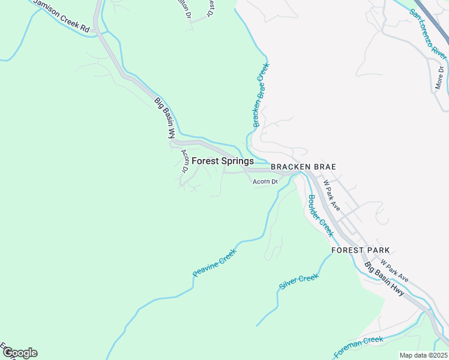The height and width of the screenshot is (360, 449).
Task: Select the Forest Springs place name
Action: point(223,161)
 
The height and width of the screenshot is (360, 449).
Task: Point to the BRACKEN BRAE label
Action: point(303,167)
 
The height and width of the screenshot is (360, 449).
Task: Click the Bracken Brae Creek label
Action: point(260,95)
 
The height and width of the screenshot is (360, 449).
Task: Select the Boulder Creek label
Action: point(320,215)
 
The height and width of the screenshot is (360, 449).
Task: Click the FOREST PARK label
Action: point(361,250)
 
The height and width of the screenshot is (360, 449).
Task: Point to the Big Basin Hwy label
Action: point(384,280)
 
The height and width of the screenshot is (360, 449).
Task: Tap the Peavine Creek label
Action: point(215,263)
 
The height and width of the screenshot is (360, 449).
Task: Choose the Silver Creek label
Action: point(298,281)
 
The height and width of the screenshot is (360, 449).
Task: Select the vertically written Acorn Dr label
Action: point(184,161)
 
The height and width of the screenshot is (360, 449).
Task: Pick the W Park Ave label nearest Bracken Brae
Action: point(331,195)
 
